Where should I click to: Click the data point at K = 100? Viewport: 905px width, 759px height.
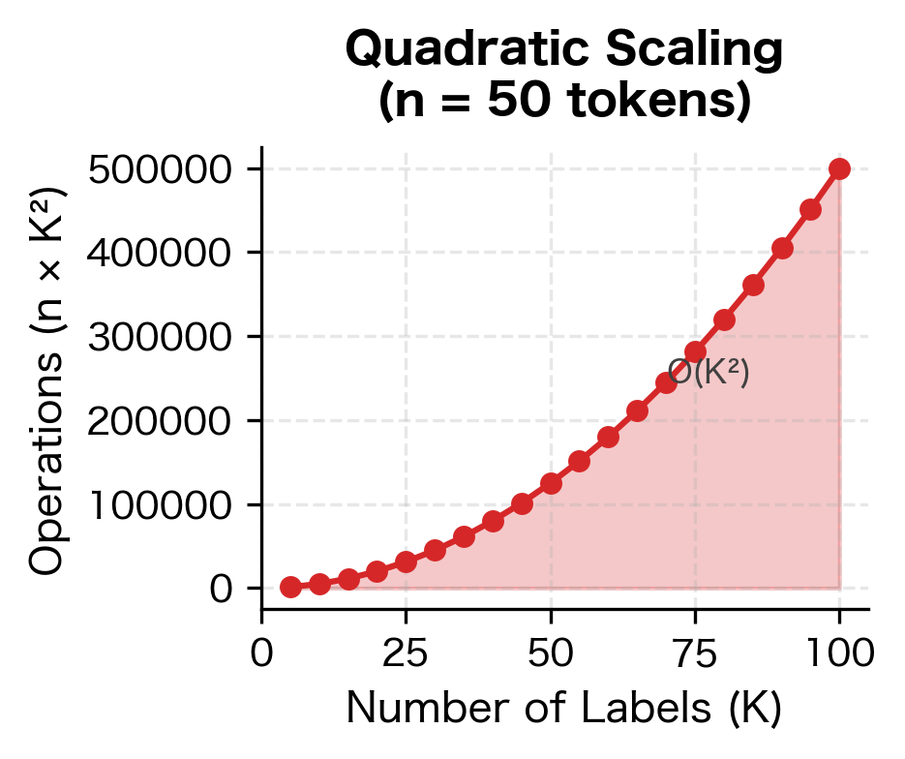click(839, 168)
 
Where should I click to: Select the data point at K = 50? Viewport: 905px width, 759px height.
click(551, 483)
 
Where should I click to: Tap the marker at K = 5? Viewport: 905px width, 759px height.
click(290, 587)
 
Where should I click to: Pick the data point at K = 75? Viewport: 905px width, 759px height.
click(695, 352)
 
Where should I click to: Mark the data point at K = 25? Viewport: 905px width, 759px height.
click(406, 562)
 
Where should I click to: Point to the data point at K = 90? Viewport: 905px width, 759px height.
click(782, 248)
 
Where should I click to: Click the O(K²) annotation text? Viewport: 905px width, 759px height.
click(709, 374)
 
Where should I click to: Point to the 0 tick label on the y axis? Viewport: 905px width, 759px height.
click(223, 589)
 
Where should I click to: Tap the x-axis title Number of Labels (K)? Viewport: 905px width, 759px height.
click(564, 710)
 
